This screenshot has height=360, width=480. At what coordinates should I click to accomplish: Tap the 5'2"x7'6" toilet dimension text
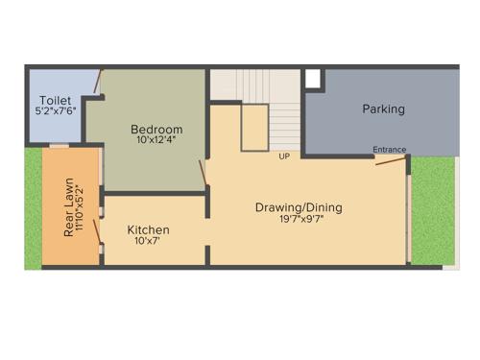tap(54, 111)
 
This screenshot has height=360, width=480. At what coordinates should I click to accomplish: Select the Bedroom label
tap(156, 129)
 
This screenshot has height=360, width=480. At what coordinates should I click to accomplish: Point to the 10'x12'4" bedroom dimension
tap(156, 140)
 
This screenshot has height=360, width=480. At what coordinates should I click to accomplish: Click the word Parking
tap(383, 108)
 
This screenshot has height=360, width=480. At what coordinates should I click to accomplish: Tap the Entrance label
tap(390, 149)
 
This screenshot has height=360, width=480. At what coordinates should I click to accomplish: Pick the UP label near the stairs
tap(284, 156)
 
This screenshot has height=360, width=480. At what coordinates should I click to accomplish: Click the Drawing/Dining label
tap(299, 206)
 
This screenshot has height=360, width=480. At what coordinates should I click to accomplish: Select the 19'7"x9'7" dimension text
tap(299, 219)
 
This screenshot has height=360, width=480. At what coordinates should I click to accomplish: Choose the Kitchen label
tap(149, 229)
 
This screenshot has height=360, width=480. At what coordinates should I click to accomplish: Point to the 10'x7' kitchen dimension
tap(148, 241)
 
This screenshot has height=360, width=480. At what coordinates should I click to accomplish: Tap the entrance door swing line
tap(390, 160)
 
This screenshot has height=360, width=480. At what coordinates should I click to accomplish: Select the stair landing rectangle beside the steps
tap(253, 128)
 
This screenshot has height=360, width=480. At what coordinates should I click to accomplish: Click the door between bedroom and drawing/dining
tap(203, 173)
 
